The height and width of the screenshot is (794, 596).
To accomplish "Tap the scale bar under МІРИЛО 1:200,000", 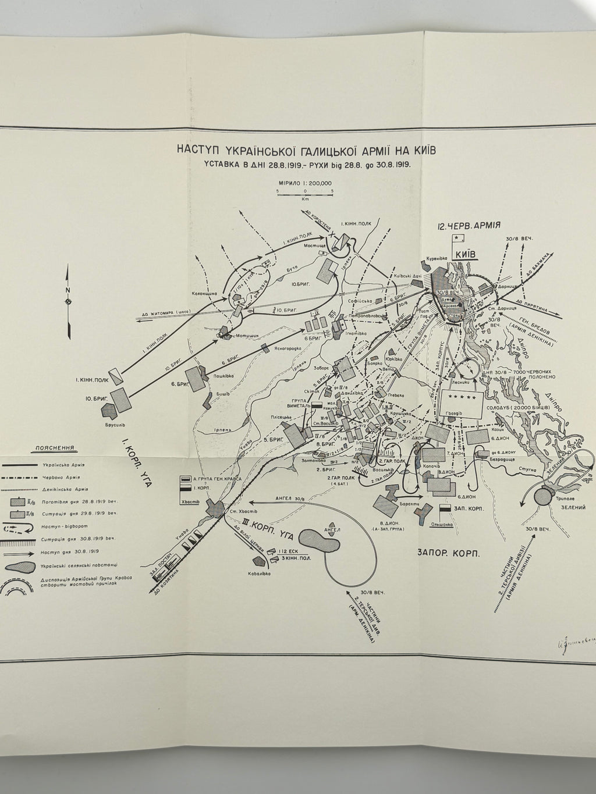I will [x=304, y=191].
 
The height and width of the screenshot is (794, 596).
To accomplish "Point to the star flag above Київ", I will [x=457, y=238].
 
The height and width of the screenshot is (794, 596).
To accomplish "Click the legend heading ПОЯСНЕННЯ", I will [x=54, y=449].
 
